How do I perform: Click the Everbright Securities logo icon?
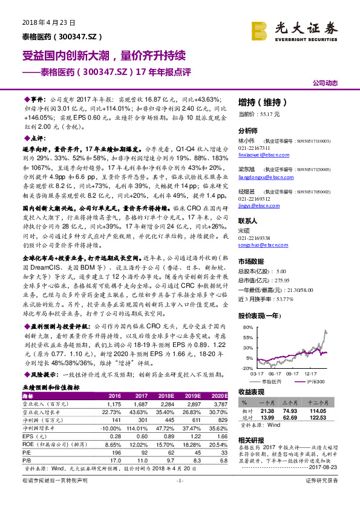pyautogui.click(x=261, y=30)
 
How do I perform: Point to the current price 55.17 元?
pyautogui.click(x=269, y=114)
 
